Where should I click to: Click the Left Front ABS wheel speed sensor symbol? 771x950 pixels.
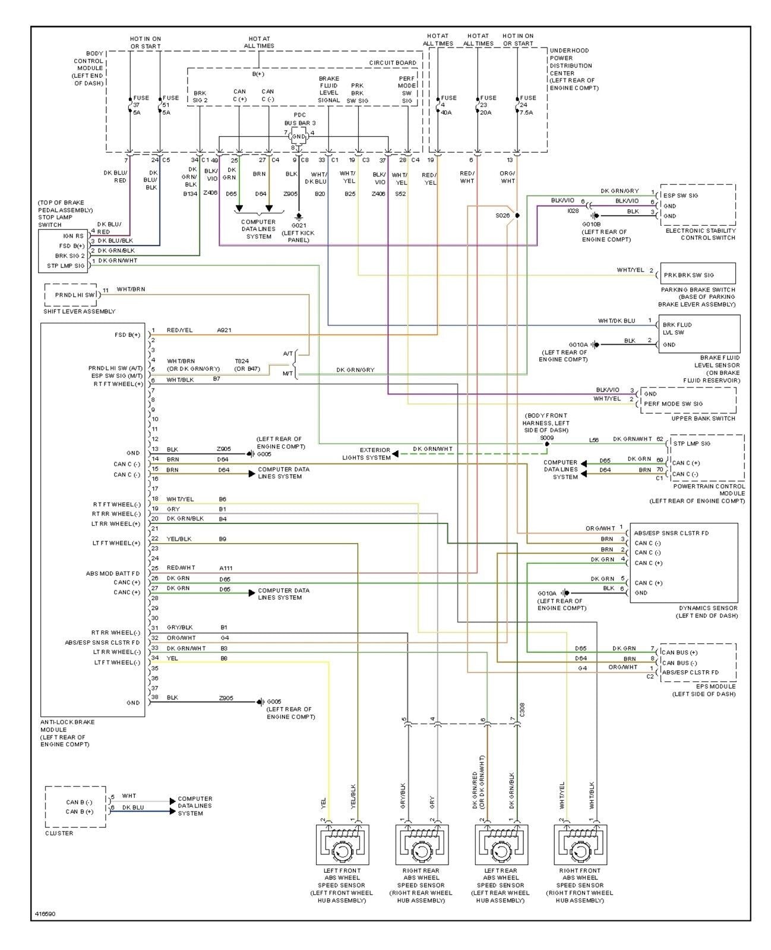342,844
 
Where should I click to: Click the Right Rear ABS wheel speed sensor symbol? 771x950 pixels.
421,844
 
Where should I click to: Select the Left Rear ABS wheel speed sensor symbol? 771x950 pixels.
501,844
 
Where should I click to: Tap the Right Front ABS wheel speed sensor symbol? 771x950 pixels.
580,844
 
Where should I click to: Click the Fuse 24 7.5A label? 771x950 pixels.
527,105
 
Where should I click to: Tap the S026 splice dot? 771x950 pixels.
517,216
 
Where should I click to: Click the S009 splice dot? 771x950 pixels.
546,444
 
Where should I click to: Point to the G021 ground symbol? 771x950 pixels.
299,217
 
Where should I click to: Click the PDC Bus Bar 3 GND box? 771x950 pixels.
299,137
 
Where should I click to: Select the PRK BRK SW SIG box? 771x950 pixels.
697,274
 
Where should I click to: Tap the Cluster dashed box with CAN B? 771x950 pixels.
75,807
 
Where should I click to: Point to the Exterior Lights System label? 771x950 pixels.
366,454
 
